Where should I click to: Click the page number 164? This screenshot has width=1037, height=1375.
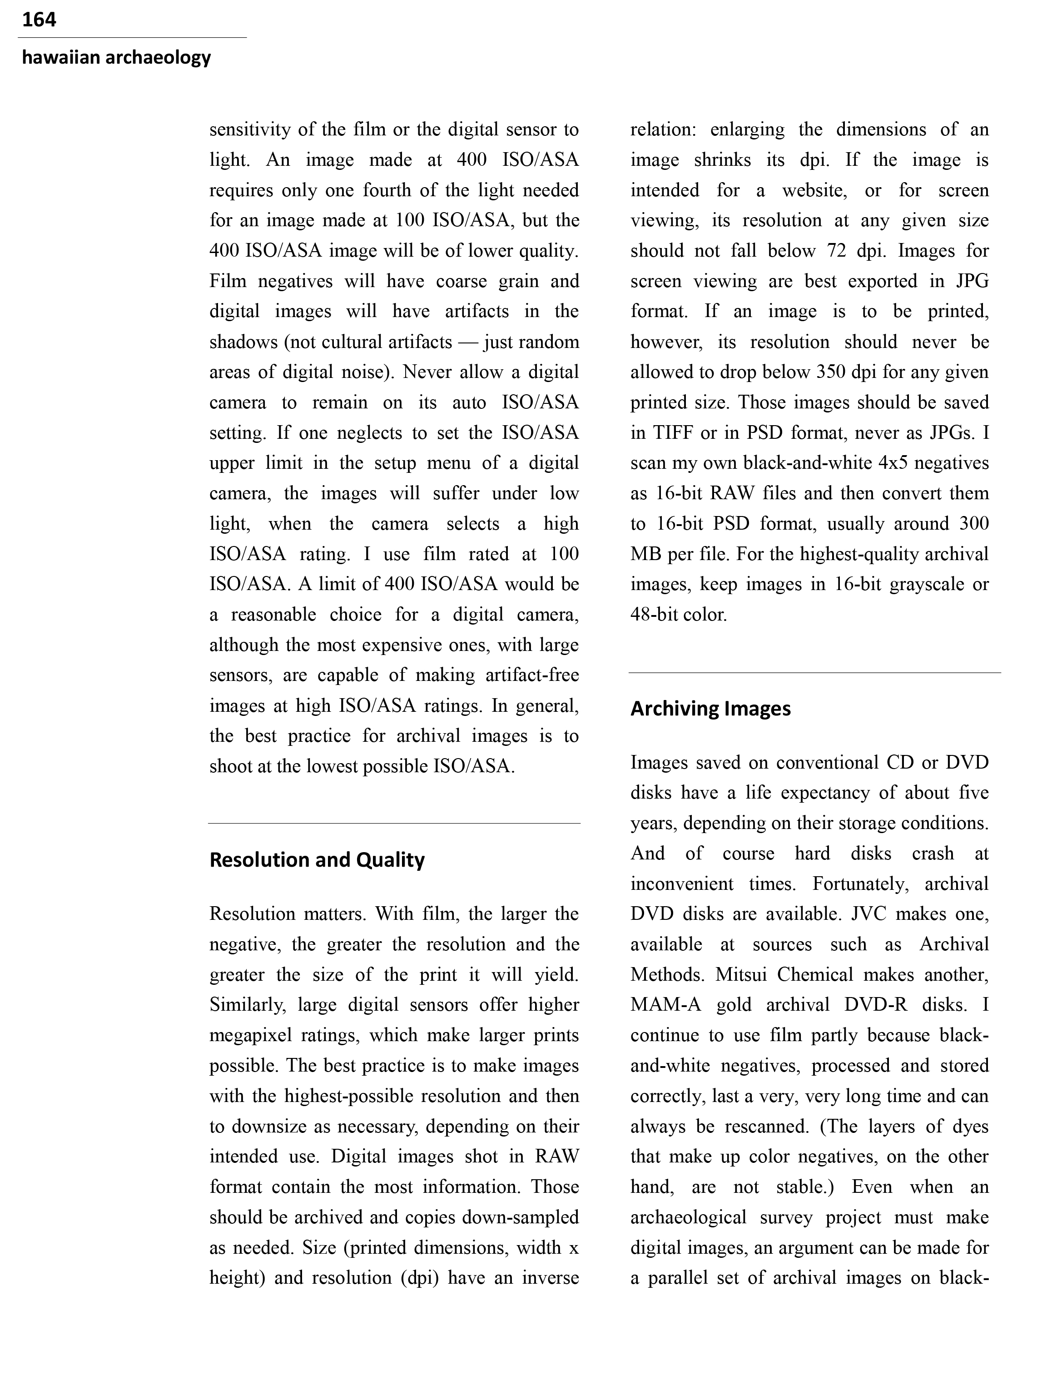[x=39, y=20]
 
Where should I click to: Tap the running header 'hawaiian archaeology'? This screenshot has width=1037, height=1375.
[x=116, y=57]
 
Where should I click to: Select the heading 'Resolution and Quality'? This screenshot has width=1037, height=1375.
[x=317, y=860]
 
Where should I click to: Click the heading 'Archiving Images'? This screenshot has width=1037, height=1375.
[x=710, y=709]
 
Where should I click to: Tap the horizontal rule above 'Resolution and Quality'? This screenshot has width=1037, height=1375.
[x=394, y=824]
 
